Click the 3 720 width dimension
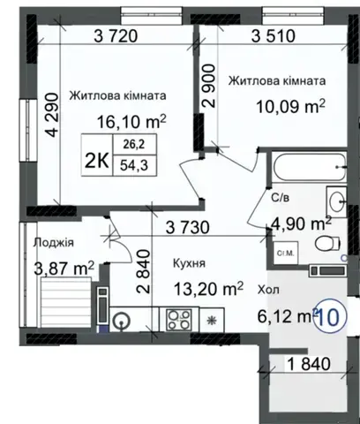[x=116, y=36]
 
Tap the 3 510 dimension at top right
[x=274, y=36]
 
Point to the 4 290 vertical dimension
[x=53, y=115]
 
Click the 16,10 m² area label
[x=131, y=121]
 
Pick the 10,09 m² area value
[x=291, y=106]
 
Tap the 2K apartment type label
[x=97, y=161]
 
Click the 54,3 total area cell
[x=134, y=166]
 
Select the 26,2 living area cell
[x=134, y=144]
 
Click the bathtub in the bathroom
[x=309, y=167]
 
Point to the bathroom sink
[x=336, y=202]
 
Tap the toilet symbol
[x=327, y=244]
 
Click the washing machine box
[x=285, y=253]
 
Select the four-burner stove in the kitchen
[x=179, y=320]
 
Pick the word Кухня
[x=189, y=263]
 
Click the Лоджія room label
[x=53, y=243]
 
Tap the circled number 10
[x=330, y=317]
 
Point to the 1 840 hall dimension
[x=309, y=364]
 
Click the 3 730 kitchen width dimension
[x=188, y=228]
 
